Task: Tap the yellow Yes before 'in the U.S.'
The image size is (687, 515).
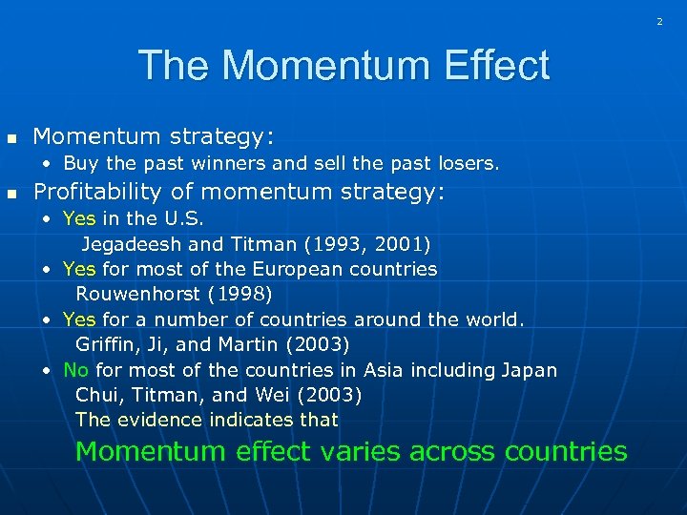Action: (79, 218)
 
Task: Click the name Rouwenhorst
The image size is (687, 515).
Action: (137, 294)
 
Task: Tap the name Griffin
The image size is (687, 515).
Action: (106, 344)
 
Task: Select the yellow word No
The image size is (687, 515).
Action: (74, 370)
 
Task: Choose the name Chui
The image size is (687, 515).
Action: (96, 395)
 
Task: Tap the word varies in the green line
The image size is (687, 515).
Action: (359, 451)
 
